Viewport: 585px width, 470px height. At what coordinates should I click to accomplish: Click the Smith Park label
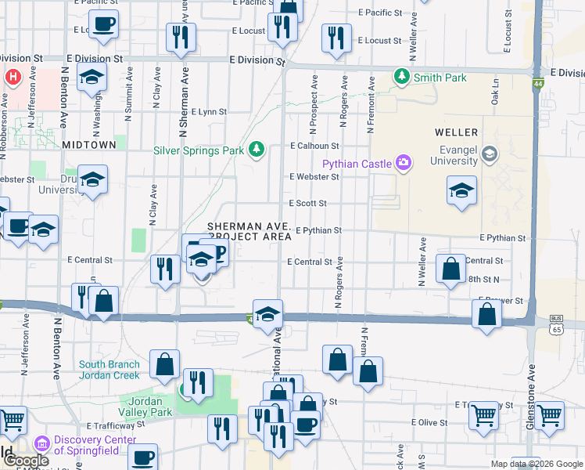pos(440,78)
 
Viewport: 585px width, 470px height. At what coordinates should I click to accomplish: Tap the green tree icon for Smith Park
pos(402,77)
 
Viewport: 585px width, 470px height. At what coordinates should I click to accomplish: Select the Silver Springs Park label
pos(199,150)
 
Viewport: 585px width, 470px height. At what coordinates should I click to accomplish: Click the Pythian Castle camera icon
pos(404,163)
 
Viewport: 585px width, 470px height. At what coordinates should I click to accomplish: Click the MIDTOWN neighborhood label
pos(89,145)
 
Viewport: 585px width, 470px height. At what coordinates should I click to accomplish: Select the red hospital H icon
pos(13,78)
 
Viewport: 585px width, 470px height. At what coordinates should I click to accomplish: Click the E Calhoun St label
pos(314,146)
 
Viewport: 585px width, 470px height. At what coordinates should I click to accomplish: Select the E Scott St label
pos(307,203)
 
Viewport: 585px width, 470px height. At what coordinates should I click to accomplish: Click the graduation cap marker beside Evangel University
pos(461,190)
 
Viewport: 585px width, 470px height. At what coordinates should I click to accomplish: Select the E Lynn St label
pos(208,112)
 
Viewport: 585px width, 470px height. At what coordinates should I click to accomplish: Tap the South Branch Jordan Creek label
pos(109,369)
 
